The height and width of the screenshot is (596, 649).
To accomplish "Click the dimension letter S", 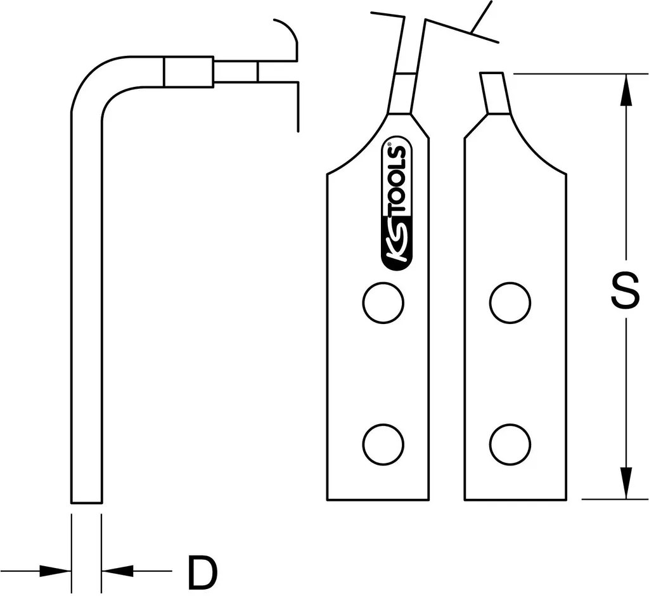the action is tap(626, 290).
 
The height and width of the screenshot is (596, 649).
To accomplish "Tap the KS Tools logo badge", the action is tap(397, 204).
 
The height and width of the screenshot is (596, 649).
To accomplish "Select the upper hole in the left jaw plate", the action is tap(383, 302).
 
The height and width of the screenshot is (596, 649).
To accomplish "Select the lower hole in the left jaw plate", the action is tap(383, 444).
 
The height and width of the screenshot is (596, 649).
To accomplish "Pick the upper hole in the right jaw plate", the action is tap(510, 302).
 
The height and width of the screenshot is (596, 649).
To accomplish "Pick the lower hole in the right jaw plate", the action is tap(510, 444).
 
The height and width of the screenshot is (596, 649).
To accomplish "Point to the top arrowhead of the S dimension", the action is tap(627, 88).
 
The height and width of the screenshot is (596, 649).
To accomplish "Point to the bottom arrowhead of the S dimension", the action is tap(627, 484).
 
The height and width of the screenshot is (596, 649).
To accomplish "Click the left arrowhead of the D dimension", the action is tap(55, 571).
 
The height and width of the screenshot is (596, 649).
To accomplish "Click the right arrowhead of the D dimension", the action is tap(117, 571).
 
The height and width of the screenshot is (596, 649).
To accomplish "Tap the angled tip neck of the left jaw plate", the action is tap(402, 93).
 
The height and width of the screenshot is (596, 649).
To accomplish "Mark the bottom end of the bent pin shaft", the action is tap(86, 503).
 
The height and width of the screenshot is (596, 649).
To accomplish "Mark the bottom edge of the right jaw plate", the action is tap(515, 500).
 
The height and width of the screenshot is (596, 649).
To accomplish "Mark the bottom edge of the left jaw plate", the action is tap(378, 500).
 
